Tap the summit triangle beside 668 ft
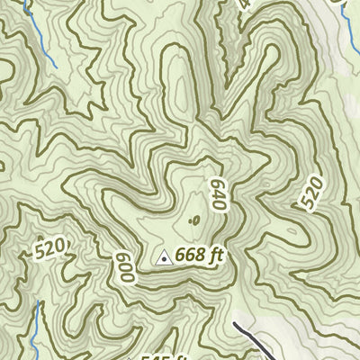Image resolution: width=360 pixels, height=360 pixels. [164, 258]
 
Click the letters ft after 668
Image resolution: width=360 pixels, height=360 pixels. [214, 256]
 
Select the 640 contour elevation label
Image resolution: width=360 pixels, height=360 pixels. [216, 194]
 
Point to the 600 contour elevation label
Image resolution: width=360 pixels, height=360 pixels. [124, 267]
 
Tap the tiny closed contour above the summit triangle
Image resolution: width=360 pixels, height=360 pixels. [194, 219]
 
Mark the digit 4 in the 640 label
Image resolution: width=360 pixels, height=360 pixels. [216, 194]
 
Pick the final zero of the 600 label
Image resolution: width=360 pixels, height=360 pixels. [126, 277]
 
